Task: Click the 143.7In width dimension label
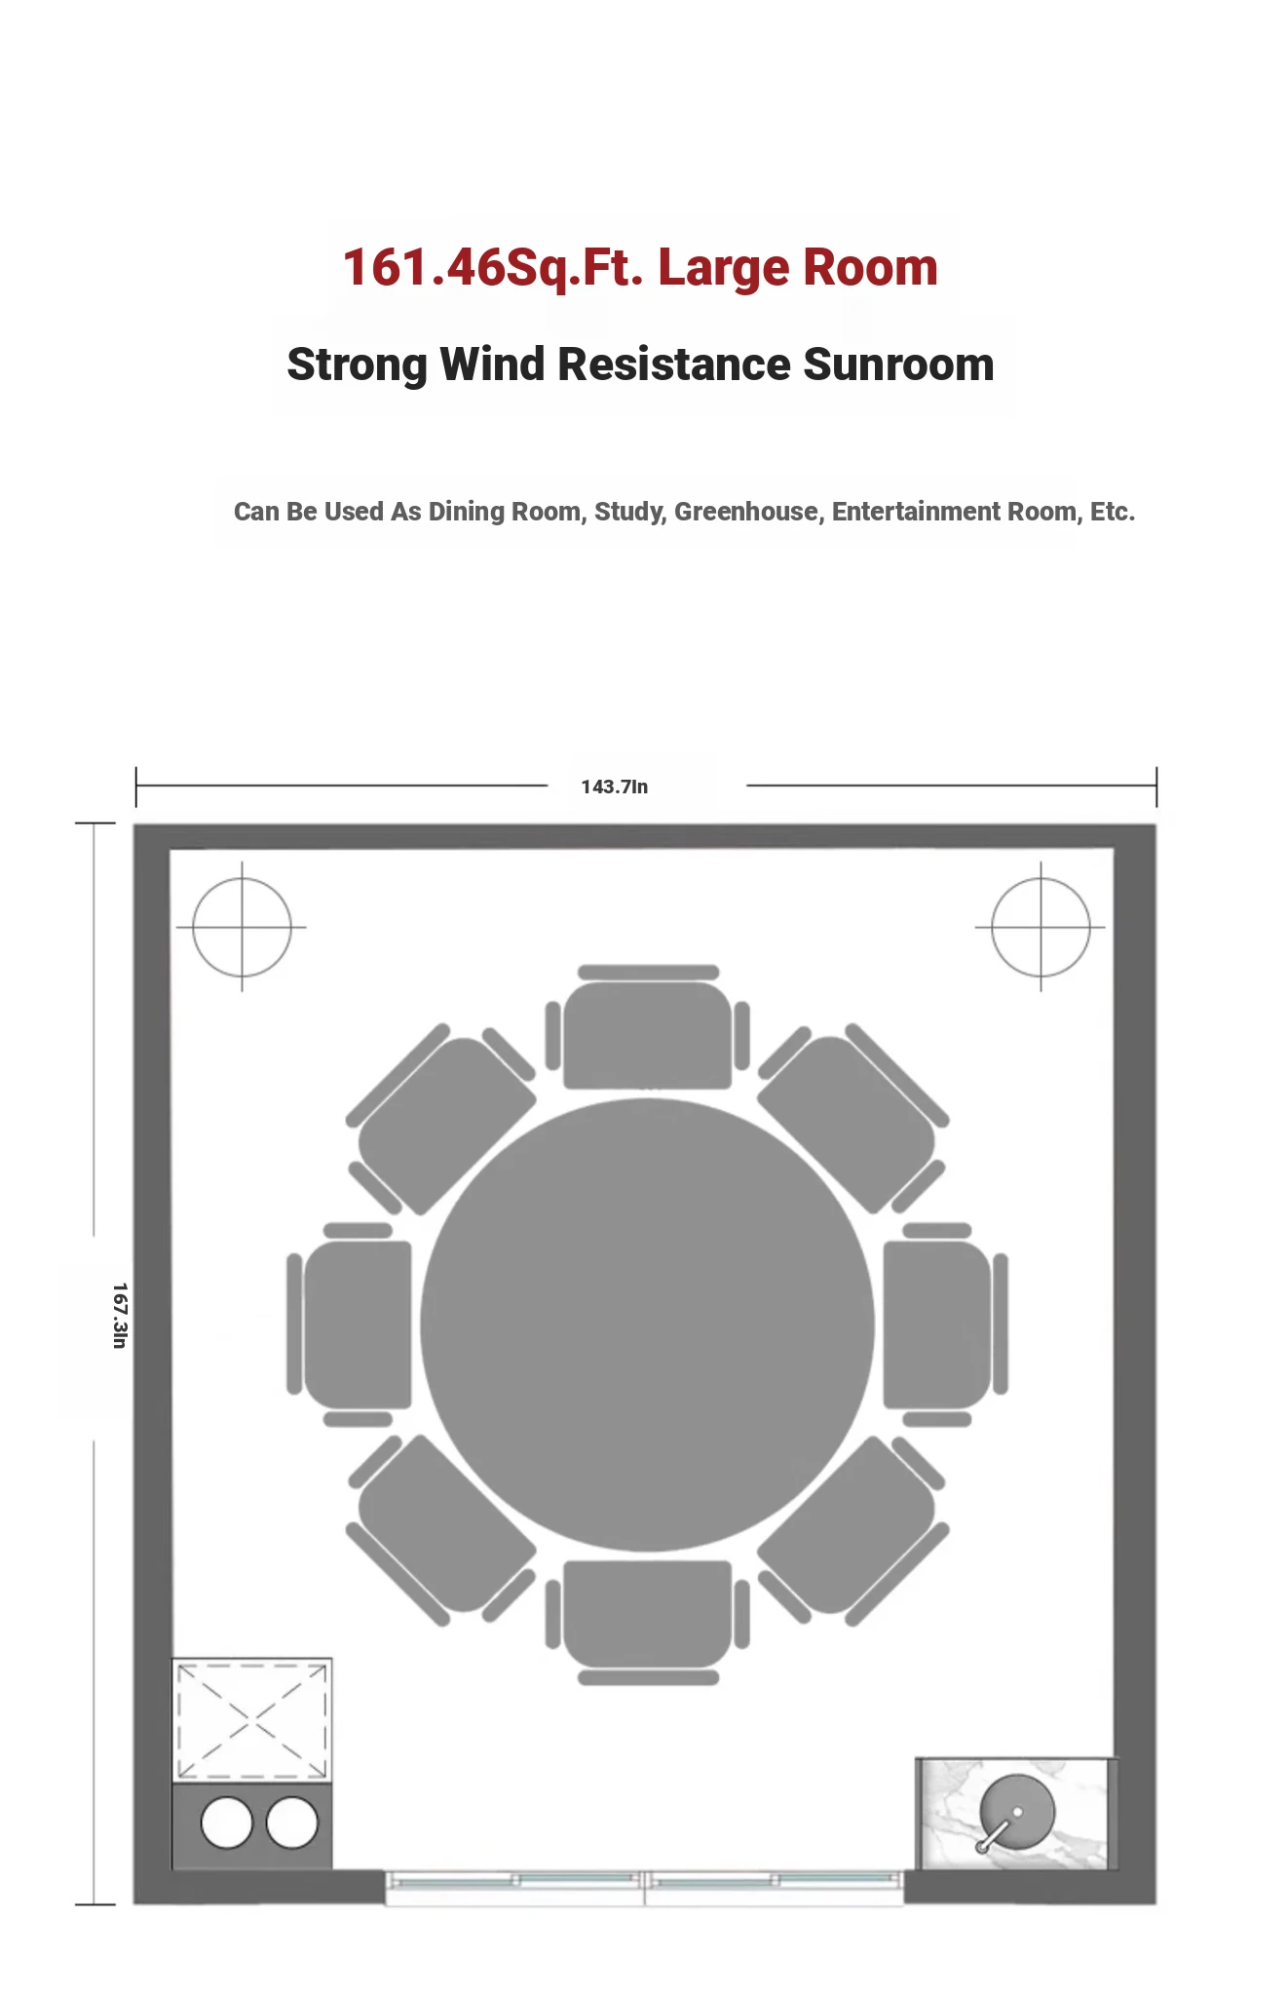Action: tap(614, 787)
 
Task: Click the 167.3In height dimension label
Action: tap(119, 1316)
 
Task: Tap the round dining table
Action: tap(647, 1324)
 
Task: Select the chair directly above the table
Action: tap(648, 1027)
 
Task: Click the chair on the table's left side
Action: tap(350, 1324)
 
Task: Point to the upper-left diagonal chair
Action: tap(440, 1119)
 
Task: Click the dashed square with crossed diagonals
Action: tap(252, 1721)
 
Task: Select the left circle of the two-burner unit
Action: tap(226, 1823)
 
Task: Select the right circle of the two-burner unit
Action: tap(291, 1823)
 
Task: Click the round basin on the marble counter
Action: tap(1016, 1812)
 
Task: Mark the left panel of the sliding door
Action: tap(514, 1887)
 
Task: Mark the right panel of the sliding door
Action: tap(775, 1887)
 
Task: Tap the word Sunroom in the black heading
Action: tap(898, 365)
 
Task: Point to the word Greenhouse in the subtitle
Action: tap(746, 512)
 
